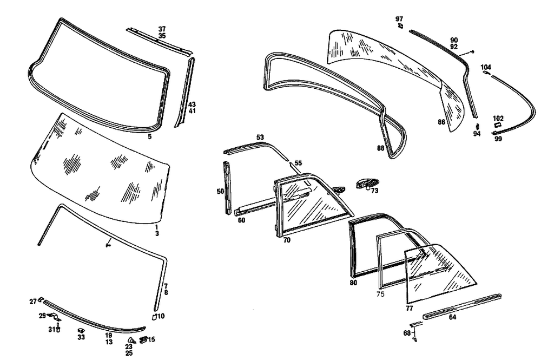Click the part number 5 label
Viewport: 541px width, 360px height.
pyautogui.click(x=149, y=137)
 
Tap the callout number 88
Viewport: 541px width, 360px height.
pyautogui.click(x=381, y=147)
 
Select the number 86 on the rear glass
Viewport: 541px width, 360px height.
pyautogui.click(x=441, y=123)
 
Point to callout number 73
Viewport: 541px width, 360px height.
pyautogui.click(x=375, y=191)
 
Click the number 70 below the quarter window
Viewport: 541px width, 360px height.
pyautogui.click(x=287, y=240)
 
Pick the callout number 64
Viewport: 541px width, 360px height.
pyautogui.click(x=452, y=317)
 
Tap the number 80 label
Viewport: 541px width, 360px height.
pyautogui.click(x=353, y=282)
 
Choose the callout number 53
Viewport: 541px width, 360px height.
pyautogui.click(x=260, y=138)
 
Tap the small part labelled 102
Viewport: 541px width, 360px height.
pyautogui.click(x=496, y=126)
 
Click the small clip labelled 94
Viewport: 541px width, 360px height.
pyautogui.click(x=477, y=126)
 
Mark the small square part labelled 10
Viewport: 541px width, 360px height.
pyautogui.click(x=153, y=316)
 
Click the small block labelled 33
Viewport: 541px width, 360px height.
pyautogui.click(x=81, y=329)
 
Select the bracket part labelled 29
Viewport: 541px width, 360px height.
pyautogui.click(x=52, y=317)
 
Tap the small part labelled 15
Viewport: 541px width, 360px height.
pyautogui.click(x=144, y=339)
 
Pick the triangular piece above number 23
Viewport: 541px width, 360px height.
pyautogui.click(x=129, y=339)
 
